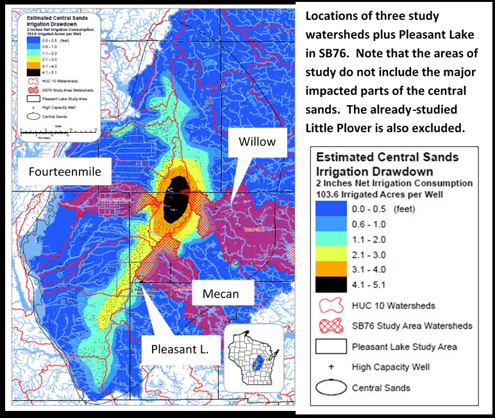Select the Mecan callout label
[222, 294]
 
